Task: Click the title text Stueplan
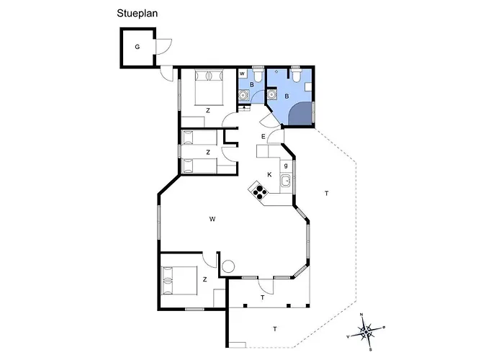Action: coord(137,14)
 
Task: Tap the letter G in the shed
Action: coord(138,47)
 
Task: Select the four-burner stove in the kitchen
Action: coord(259,191)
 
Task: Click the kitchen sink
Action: coord(285,181)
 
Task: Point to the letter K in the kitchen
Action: coord(269,174)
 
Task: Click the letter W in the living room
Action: coord(212,219)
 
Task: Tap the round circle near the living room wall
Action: coord(228,266)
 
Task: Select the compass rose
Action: coord(366,331)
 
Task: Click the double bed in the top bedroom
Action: coord(209,87)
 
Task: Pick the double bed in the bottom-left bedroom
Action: coord(179,280)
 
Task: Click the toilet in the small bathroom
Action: coord(258,75)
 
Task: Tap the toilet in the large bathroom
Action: coord(296,75)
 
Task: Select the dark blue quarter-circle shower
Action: coord(301,114)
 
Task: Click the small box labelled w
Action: coord(242,73)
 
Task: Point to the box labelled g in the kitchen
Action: coord(286,166)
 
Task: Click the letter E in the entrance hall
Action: coord(264,137)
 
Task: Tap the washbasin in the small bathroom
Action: coord(243,96)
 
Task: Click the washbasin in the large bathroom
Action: coord(272,95)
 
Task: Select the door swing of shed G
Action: coord(164,47)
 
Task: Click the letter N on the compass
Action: coord(361,315)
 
